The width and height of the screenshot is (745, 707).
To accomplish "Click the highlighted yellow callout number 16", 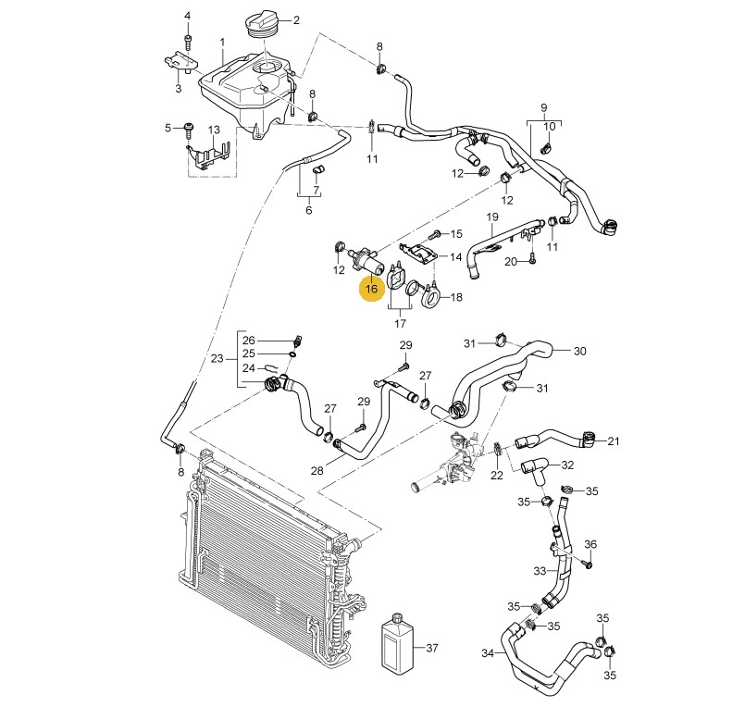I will (x=371, y=290).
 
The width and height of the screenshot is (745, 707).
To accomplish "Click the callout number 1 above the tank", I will (x=222, y=43).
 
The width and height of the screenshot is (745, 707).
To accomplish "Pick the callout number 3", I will (x=179, y=89).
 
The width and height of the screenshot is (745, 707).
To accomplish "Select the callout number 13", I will (x=213, y=129).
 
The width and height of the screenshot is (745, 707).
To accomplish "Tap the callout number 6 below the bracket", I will (x=309, y=210).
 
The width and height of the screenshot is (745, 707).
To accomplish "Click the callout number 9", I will (x=544, y=107).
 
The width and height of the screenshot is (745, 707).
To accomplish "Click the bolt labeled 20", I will (x=534, y=262).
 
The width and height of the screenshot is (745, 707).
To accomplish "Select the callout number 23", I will (x=217, y=359).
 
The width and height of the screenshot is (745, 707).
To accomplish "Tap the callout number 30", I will (x=580, y=352).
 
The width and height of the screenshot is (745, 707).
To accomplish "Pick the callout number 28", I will (x=317, y=471).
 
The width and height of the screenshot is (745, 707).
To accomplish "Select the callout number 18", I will (x=455, y=298).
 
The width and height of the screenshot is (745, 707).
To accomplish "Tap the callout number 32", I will (x=568, y=465).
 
